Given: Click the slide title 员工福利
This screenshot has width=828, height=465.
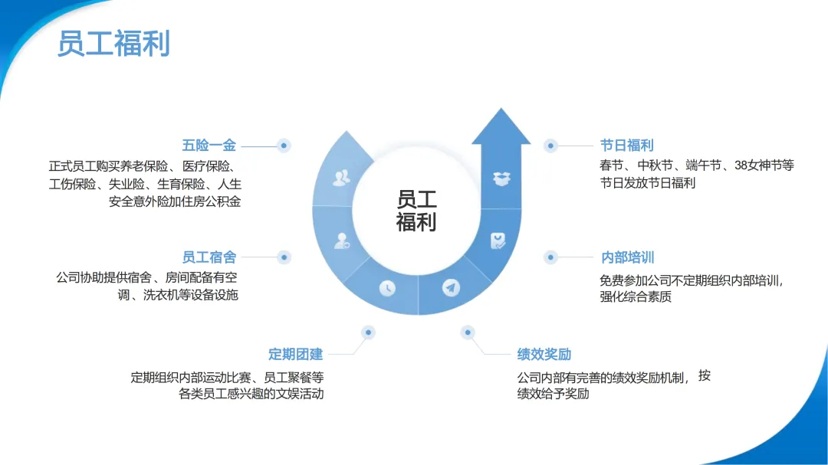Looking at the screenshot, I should tap(113, 44).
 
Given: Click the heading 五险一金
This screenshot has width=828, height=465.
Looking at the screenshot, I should tap(209, 145).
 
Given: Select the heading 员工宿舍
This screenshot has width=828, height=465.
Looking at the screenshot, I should tap(209, 257).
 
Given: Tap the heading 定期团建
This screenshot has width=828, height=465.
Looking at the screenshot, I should tap(295, 354).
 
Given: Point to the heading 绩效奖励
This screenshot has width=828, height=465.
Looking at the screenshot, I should tap(544, 354).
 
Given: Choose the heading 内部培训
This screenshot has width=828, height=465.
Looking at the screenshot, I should tap(627, 257).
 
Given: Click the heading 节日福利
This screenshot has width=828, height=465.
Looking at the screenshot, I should tap(627, 145).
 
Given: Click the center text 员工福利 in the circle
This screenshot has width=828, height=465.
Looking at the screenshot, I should tap(416, 211).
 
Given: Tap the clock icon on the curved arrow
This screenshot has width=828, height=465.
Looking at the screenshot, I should tap(387, 288).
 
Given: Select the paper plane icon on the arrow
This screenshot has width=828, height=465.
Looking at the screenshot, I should tap(451, 288).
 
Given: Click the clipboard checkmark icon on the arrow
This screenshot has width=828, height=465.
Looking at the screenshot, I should tap(498, 241).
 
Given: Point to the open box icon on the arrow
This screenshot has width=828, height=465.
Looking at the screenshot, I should tap(501, 179).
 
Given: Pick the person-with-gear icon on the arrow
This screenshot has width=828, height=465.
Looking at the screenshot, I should tap(342, 241).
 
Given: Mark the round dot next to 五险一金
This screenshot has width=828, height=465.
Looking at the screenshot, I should tap(284, 145).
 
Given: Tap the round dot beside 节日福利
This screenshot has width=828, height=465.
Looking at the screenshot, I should tap(550, 145).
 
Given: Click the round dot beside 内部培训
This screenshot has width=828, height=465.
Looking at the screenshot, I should tap(550, 257).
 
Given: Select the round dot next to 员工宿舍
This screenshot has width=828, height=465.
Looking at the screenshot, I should tap(284, 257).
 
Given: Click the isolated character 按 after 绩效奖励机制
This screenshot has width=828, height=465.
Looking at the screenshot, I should tap(705, 375).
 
